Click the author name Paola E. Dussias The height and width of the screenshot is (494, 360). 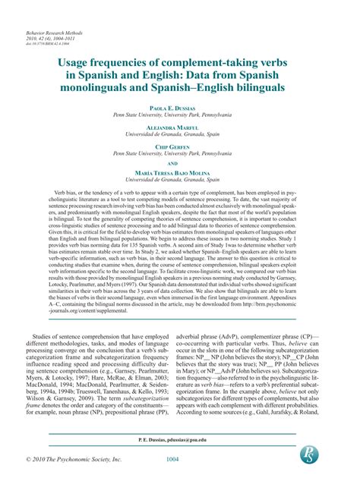coord(179,108)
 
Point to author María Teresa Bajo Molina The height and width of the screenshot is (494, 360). coord(179,194)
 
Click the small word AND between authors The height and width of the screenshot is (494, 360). coord(179,184)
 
